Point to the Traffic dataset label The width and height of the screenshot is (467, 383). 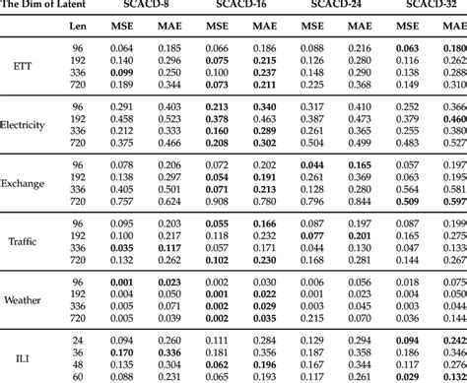click(x=22, y=241)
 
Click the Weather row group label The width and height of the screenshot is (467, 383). click(x=23, y=300)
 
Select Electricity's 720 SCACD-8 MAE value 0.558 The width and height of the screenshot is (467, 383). click(x=168, y=143)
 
